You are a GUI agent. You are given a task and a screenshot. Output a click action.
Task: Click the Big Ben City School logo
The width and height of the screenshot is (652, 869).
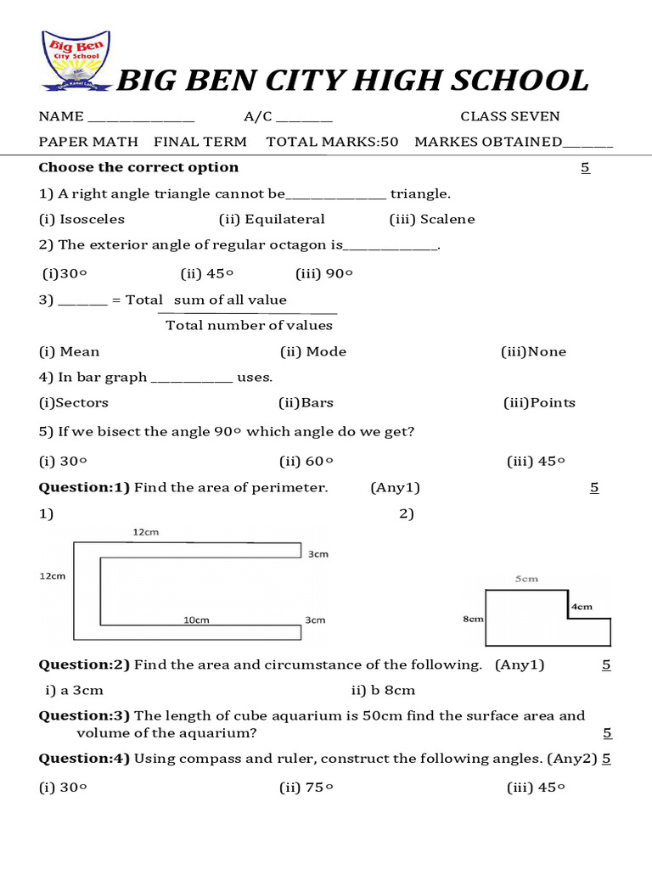pos(76,61)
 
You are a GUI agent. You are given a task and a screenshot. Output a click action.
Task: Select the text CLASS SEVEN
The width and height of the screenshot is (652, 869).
pos(510,116)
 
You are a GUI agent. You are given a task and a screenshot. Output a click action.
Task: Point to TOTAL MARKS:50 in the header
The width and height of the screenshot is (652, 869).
pos(332,142)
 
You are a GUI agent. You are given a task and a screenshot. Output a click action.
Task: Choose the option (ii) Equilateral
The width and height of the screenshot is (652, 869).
pos(272,219)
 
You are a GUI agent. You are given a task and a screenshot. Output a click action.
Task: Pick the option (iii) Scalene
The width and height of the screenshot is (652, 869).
pos(432,219)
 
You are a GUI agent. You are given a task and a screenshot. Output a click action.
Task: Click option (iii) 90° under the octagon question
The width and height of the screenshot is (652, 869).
pos(324,273)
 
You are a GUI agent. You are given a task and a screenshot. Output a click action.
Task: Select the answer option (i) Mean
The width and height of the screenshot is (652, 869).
pos(70,351)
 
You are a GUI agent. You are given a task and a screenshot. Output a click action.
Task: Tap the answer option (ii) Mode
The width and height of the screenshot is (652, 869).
pos(313,351)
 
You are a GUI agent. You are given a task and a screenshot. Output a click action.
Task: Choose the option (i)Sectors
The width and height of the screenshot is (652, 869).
pos(74,402)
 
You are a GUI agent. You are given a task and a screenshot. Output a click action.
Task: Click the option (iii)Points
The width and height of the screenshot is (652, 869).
pos(539,402)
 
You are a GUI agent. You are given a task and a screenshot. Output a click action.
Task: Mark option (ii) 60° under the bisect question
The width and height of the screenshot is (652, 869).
pos(306,462)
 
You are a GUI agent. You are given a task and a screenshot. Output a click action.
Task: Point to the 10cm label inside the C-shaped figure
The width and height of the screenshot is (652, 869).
pos(196,620)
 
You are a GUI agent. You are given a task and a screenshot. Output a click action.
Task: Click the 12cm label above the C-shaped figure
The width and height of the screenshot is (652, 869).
pos(145,532)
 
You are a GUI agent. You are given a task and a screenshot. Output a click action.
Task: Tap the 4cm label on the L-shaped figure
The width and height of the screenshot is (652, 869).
pos(582,607)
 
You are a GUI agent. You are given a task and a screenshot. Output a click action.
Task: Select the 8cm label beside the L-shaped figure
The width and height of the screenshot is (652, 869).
pos(473,620)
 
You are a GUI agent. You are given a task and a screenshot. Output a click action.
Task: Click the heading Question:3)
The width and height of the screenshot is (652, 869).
pos(84,715)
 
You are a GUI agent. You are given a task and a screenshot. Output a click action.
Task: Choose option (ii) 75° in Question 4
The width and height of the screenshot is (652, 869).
pos(306,788)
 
